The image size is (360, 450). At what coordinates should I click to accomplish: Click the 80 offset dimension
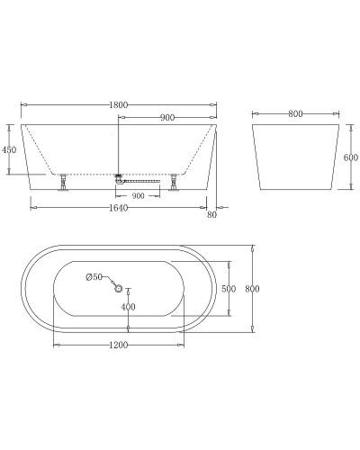211,214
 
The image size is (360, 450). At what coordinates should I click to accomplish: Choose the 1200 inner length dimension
118,345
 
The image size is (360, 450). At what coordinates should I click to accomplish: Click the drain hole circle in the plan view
118,288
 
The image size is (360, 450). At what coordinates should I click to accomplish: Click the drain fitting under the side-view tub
119,179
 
